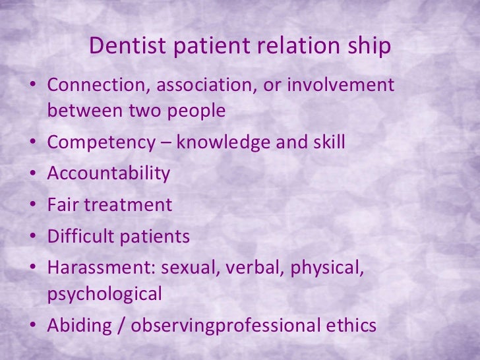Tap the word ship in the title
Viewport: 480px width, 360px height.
(369, 46)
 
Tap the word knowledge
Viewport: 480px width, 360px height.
(227, 142)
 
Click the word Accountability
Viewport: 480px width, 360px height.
(109, 173)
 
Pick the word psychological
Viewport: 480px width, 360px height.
(104, 293)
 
